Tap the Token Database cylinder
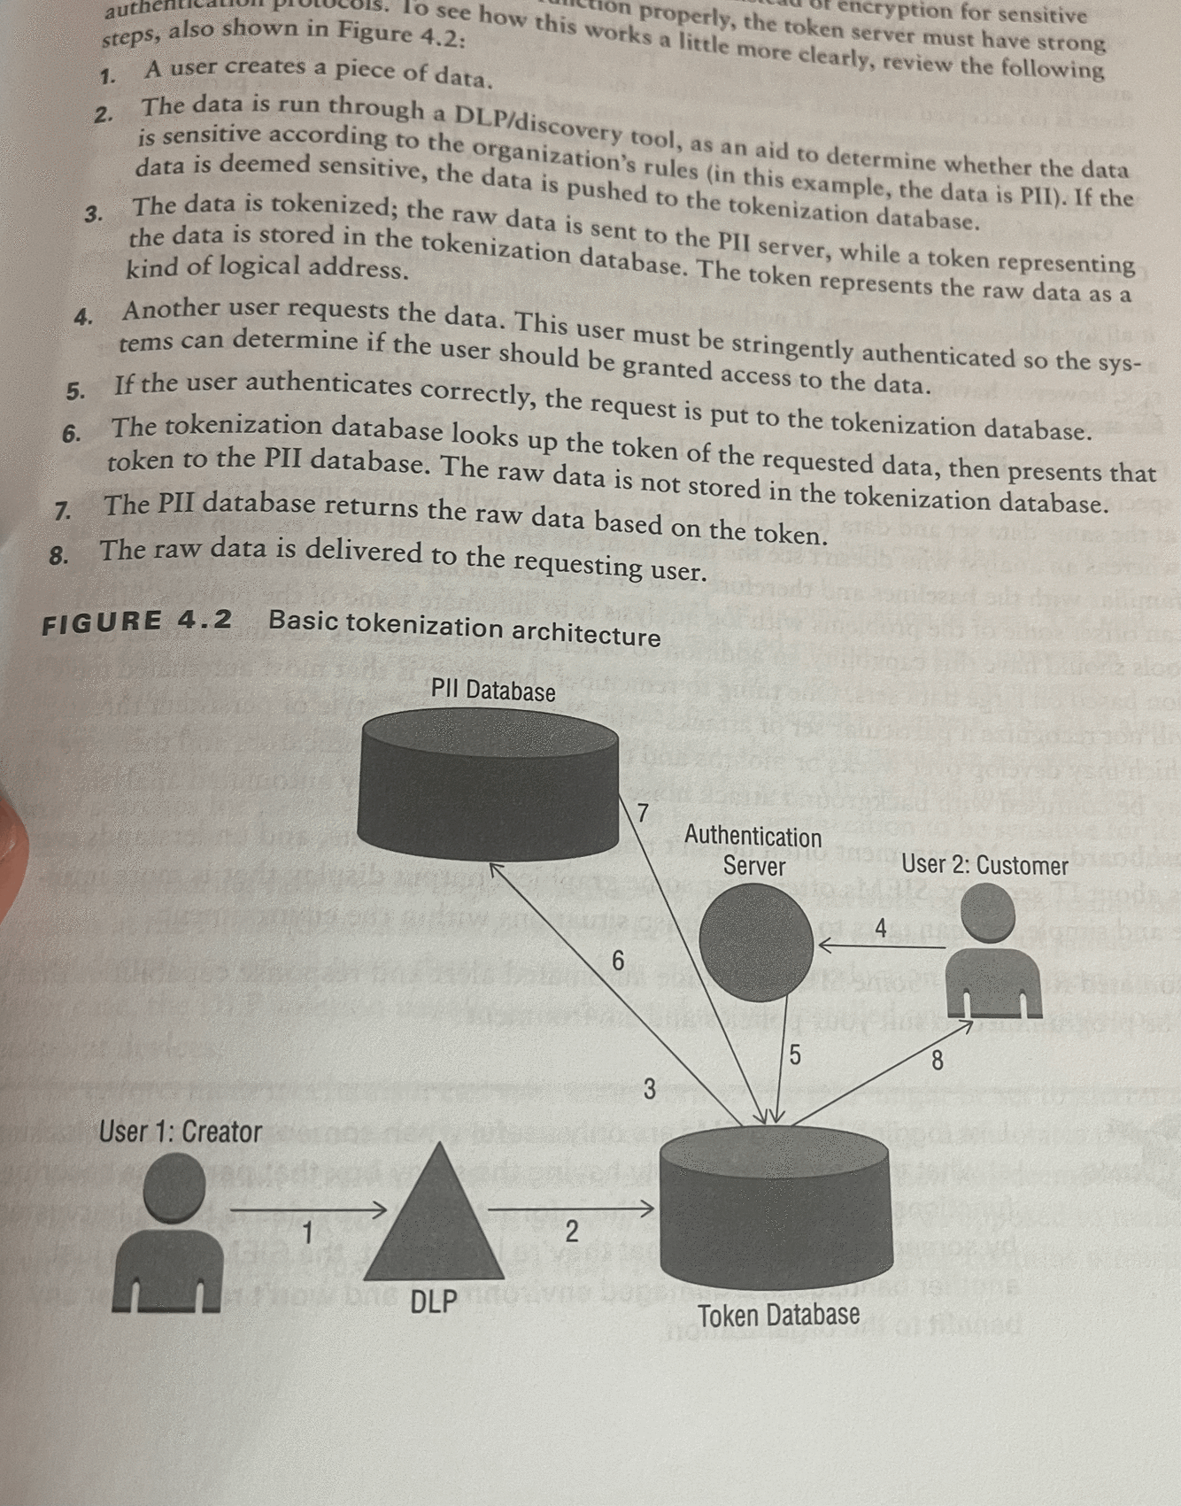click(776, 1209)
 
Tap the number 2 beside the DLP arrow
click(571, 1231)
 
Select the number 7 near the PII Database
click(644, 813)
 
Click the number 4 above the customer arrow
click(881, 928)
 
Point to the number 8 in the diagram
click(938, 1059)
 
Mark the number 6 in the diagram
click(618, 961)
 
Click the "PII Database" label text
click(493, 690)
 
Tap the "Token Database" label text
click(778, 1316)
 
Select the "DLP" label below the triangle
click(434, 1302)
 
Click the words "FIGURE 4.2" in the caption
click(137, 622)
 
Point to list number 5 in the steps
click(75, 390)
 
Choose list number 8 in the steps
click(58, 556)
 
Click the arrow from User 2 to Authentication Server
click(881, 946)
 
